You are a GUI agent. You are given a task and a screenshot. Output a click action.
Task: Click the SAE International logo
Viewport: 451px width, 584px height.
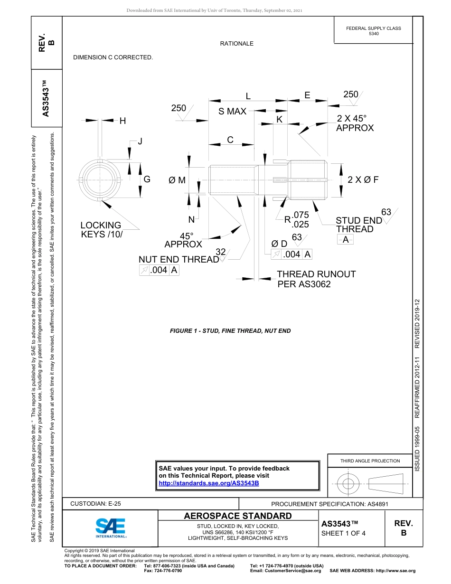[111, 527]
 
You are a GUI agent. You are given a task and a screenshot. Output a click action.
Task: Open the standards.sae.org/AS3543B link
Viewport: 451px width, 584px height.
[208, 483]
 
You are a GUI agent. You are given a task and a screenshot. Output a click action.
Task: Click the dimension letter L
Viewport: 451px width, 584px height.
[248, 96]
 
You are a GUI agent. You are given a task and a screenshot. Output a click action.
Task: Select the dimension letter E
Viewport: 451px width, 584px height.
[307, 95]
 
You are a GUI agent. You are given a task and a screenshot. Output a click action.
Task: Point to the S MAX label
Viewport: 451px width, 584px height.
[232, 112]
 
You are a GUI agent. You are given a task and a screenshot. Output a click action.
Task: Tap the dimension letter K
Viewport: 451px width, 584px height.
[279, 120]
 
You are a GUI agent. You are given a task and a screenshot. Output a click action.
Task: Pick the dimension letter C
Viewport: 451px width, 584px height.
[230, 140]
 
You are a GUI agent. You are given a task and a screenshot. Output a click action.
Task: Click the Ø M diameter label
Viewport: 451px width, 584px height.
[177, 180]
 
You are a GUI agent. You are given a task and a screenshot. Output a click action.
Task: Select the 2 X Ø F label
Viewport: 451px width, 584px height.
[363, 180]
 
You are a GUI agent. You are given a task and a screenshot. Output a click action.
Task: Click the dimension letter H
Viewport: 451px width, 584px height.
[122, 121]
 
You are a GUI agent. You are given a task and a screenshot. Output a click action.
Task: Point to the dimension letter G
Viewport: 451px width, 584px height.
[147, 179]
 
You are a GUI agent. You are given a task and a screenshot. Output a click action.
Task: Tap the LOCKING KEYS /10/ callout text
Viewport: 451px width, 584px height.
[101, 230]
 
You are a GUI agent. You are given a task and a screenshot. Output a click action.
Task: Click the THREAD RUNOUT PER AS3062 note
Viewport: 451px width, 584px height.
[316, 279]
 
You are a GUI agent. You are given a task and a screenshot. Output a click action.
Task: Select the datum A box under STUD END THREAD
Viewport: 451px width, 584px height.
[346, 240]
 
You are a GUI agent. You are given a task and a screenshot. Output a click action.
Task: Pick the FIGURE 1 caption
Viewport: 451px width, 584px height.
[230, 331]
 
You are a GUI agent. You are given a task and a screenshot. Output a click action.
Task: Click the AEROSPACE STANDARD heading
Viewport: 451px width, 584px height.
[238, 516]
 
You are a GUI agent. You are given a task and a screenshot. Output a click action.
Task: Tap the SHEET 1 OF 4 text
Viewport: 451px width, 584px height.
[343, 533]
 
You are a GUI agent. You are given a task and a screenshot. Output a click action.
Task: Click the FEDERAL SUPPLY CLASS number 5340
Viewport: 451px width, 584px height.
[374, 34]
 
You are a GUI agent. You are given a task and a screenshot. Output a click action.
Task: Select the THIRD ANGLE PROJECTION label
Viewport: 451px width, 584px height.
[370, 461]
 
